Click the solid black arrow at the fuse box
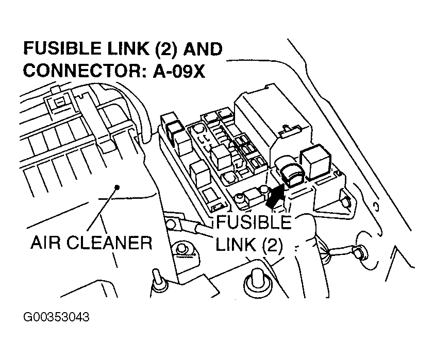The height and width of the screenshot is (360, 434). click(x=275, y=196)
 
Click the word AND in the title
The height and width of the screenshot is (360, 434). click(x=203, y=49)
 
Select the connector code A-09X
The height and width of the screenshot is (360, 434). click(x=179, y=71)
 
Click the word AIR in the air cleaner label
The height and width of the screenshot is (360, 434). click(x=45, y=243)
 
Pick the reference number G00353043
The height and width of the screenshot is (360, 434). click(x=57, y=317)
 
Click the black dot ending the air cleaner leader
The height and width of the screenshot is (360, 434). click(x=117, y=187)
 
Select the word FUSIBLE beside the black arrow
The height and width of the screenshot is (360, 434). click(x=254, y=222)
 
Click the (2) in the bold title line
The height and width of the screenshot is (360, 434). click(x=166, y=49)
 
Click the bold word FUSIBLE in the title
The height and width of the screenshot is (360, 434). click(x=62, y=49)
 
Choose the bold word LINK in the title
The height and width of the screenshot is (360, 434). click(x=128, y=49)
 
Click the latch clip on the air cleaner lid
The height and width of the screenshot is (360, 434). click(x=59, y=102)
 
